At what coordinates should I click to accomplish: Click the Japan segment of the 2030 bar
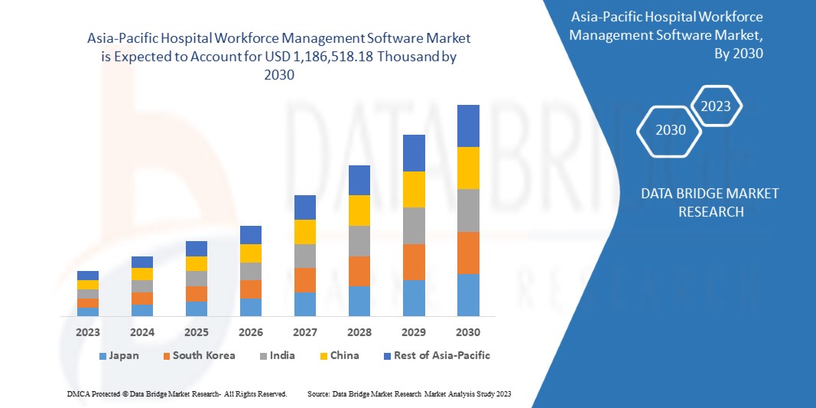468,295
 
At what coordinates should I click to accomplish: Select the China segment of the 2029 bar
414,189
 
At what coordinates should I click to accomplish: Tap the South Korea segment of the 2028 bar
359,271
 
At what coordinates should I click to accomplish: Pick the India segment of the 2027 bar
305,256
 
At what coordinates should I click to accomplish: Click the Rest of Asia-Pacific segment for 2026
251,234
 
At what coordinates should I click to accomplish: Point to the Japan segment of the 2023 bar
88,312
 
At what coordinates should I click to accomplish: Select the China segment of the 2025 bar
197,263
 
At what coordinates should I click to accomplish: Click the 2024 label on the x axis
142,332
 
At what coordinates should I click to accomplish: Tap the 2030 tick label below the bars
468,332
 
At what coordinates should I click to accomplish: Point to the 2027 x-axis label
305,332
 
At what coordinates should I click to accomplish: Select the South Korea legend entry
198,355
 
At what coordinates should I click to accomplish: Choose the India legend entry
276,355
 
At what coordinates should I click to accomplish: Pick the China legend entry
339,355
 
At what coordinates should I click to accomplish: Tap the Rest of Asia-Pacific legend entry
437,355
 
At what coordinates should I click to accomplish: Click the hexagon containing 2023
716,106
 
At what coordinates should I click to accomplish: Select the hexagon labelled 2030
671,130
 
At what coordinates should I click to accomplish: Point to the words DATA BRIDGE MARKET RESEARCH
710,202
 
